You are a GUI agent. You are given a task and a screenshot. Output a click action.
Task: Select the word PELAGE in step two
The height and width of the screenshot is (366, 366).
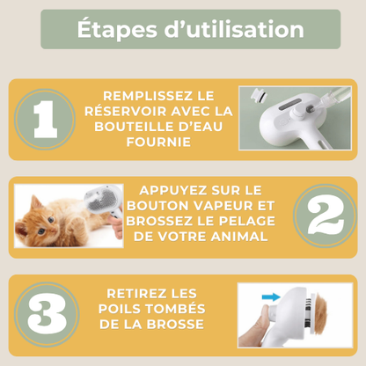click(252, 223)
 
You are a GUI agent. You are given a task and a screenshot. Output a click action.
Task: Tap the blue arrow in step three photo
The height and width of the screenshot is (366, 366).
click(268, 298)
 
